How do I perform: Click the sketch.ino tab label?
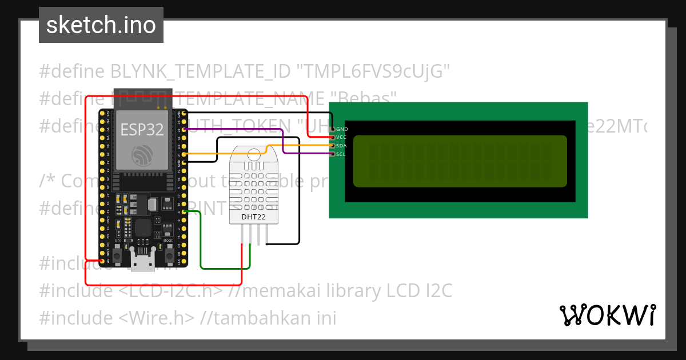[101, 25]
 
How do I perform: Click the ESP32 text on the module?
[142, 130]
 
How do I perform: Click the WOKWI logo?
[607, 315]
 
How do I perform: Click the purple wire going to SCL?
[284, 143]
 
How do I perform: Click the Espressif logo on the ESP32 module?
[142, 154]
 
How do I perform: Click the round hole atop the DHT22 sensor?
[253, 154]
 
